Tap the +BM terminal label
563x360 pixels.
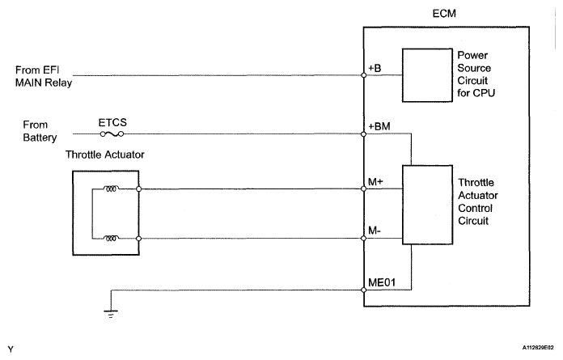(380, 127)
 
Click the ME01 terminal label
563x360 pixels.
(383, 281)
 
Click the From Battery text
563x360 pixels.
(36, 131)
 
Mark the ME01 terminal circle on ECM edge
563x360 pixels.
(365, 288)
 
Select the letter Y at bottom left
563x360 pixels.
(9, 350)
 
